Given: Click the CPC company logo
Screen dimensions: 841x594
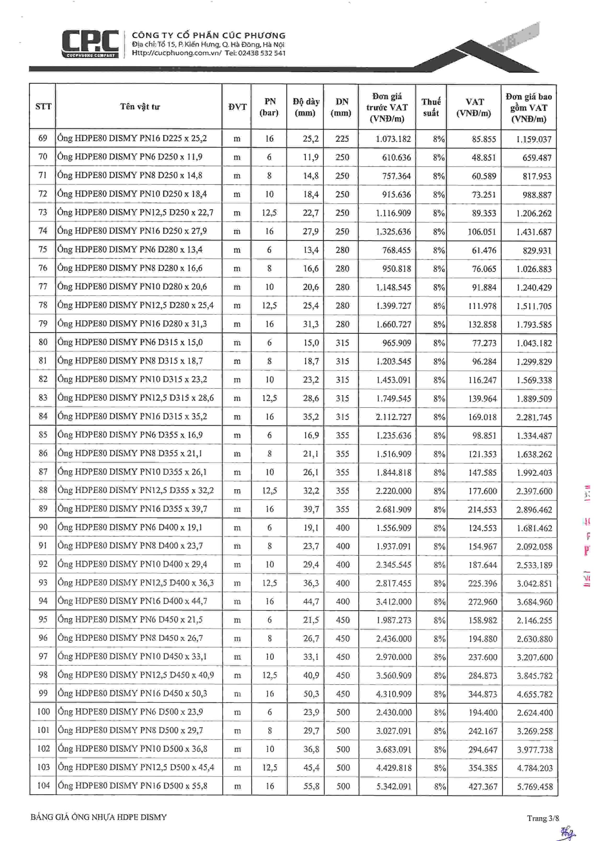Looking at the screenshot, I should tap(90, 44).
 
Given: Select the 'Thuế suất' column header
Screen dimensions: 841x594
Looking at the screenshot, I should tap(431, 107).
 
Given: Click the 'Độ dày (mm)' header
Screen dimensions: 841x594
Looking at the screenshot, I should tap(305, 107).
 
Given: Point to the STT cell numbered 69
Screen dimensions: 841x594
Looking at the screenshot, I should tap(43, 138).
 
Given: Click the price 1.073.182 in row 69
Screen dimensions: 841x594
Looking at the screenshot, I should tap(393, 139).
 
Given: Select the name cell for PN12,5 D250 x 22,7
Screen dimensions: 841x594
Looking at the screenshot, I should tap(136, 213).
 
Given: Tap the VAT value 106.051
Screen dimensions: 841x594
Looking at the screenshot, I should tap(482, 232).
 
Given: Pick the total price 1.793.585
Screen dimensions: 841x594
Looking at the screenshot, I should tap(534, 325).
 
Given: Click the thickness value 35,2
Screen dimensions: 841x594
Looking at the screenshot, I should tap(311, 417).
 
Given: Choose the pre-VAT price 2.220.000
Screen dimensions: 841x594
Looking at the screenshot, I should tap(393, 491).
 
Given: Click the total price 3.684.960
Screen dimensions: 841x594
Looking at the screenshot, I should tap(534, 602).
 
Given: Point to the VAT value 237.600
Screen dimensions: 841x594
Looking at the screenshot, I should tap(482, 657).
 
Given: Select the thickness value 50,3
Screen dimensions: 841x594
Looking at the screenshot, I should tap(311, 694).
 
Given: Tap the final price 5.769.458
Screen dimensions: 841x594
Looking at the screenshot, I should tap(535, 786).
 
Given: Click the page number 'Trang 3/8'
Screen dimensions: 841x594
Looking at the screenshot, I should tap(542, 818).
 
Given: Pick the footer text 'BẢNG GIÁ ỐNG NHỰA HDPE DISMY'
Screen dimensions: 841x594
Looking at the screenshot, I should tap(98, 817).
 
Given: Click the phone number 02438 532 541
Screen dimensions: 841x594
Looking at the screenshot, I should tap(261, 53).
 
